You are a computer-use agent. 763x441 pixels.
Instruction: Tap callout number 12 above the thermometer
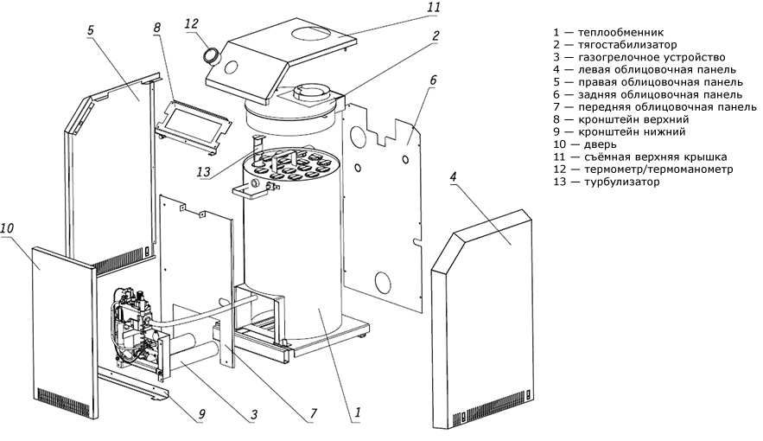192,24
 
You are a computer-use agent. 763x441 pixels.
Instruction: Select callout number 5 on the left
91,29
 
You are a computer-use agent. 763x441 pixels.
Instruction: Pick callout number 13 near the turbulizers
204,172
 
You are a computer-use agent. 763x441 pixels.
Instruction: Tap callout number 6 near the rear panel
432,82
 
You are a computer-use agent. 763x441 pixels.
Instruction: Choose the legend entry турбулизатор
622,182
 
